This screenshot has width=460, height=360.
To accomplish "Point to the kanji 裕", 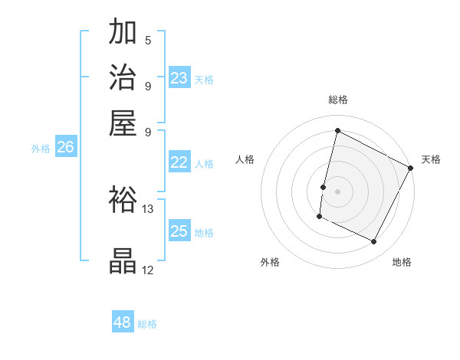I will click(123, 200).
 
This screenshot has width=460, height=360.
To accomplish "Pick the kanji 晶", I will click(123, 261).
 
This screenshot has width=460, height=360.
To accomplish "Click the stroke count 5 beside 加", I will click(147, 41).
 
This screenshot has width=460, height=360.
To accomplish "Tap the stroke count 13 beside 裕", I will click(148, 208).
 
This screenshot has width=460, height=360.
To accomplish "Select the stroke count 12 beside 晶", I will click(148, 270).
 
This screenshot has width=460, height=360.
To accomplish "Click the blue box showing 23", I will click(179, 77).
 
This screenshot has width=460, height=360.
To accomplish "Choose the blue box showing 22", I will click(179, 162).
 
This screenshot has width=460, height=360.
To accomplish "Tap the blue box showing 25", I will click(179, 231).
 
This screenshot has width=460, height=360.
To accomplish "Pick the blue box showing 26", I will click(65, 147).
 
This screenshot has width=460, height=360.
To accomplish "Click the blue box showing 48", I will click(123, 322).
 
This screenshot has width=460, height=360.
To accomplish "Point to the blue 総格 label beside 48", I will click(147, 324).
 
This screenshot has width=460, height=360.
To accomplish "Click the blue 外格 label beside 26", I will click(41, 149).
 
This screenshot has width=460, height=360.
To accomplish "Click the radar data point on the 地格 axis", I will click(373, 242).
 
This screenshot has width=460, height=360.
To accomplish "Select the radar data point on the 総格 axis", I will click(337, 130).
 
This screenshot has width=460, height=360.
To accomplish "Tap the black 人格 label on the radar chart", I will click(245, 159).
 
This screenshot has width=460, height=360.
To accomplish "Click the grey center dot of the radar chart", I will click(337, 191).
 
